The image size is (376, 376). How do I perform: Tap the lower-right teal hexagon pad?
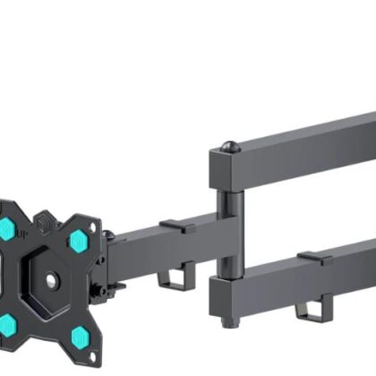(x=80, y=336)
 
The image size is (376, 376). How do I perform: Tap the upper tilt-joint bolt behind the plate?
(x=108, y=236)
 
